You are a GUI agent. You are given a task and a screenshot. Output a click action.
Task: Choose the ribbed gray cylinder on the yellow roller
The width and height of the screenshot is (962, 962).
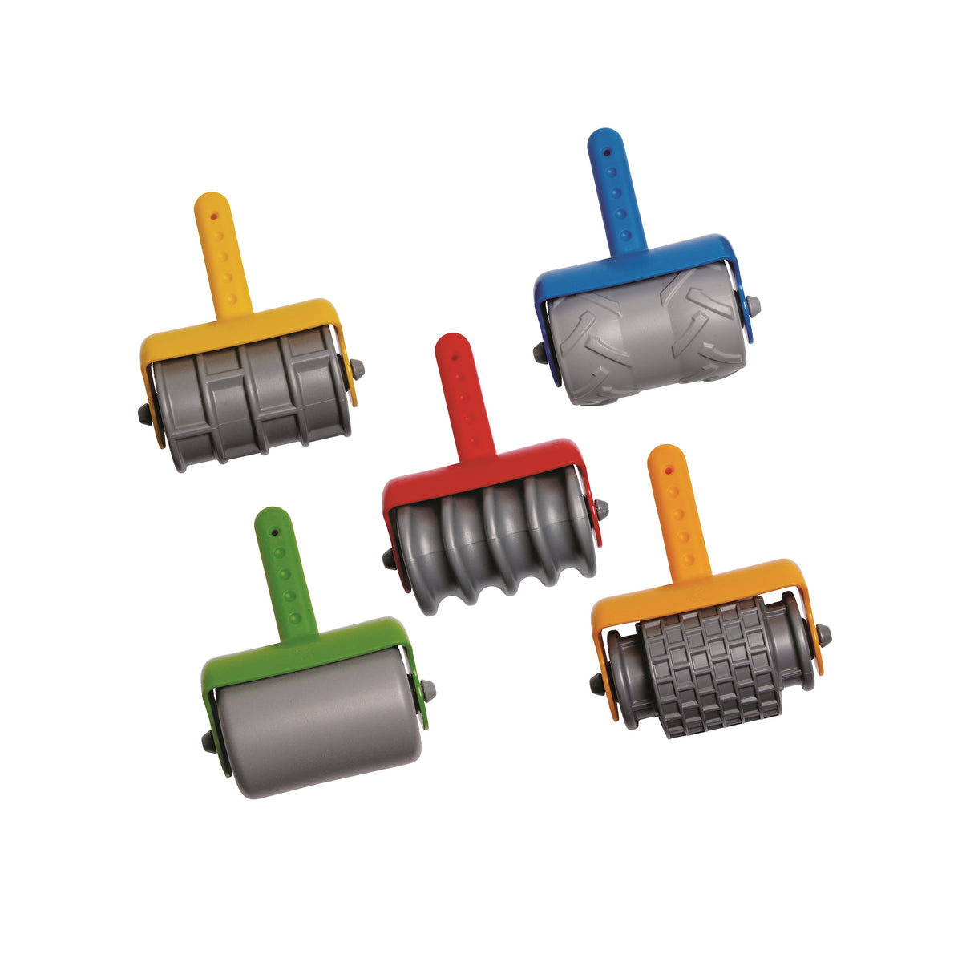point(253,401)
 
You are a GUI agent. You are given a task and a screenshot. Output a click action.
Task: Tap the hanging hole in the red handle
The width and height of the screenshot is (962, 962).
point(455,353)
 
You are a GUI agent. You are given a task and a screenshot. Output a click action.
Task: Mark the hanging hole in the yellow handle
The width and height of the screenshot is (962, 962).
point(213,215)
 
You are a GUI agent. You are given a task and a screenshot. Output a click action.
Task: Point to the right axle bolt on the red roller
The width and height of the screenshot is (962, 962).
point(600,508)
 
